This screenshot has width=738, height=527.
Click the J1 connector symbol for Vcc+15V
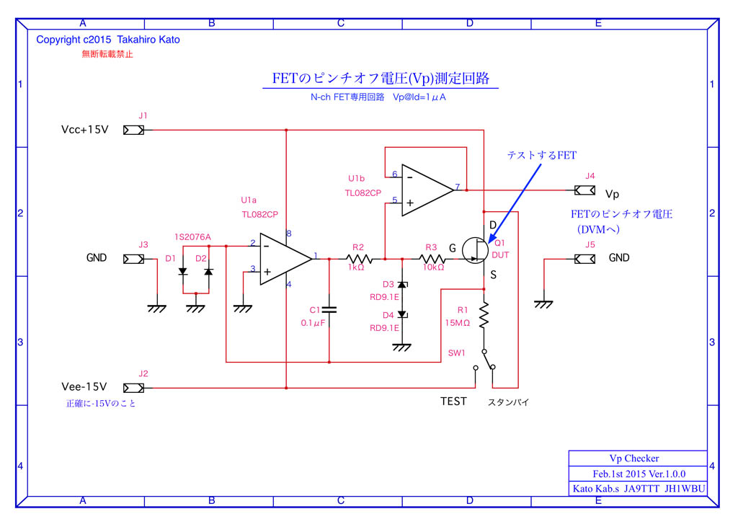pos(133,130)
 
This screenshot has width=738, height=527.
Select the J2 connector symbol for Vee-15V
pos(133,388)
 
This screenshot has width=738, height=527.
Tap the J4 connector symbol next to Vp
pos(584,190)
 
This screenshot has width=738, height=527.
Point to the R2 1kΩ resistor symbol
pos(358,258)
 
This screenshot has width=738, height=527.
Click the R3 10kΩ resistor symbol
pos(431,258)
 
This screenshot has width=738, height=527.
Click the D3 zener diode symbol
pos(401,286)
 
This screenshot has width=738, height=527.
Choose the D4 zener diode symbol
pos(401,314)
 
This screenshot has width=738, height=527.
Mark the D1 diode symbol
pos(183,272)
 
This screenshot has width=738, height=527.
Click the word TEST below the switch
pos(453,402)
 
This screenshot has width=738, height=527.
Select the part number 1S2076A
pos(192,236)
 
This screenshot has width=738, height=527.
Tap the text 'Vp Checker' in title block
pos(634,459)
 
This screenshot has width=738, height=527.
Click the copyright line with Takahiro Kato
pos(108,40)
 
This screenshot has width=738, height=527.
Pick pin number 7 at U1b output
pos(458,187)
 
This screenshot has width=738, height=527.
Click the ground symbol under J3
pos(156,308)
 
